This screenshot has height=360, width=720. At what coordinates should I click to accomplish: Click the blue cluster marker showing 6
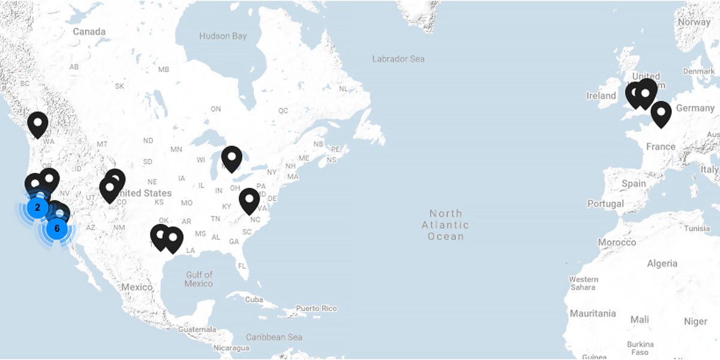click(x=56, y=228)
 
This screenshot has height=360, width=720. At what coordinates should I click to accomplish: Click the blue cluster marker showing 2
click(x=37, y=208)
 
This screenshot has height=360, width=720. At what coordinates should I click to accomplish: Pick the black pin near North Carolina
click(x=249, y=200)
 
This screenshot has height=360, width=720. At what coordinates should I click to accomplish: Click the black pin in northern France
click(x=661, y=113)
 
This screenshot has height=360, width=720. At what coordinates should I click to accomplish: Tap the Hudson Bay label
click(x=223, y=36)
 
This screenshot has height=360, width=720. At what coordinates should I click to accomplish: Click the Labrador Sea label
click(x=398, y=59)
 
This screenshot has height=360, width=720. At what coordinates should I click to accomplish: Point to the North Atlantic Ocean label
click(x=446, y=224)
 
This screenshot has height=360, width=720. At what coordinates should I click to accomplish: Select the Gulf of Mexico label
click(x=199, y=279)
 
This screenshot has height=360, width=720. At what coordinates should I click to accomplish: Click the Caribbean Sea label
click(x=274, y=337)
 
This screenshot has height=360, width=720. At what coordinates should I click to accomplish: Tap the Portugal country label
click(x=606, y=204)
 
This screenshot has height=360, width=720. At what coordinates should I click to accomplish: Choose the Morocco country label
click(x=617, y=242)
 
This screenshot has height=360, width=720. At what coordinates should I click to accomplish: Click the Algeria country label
click(x=662, y=263)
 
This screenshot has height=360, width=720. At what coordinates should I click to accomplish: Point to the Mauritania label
click(x=593, y=313)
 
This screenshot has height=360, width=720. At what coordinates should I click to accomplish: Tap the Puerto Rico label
click(x=316, y=308)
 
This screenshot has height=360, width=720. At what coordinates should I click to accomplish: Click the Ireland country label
click(x=601, y=96)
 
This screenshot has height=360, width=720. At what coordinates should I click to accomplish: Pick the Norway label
click(x=694, y=22)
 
